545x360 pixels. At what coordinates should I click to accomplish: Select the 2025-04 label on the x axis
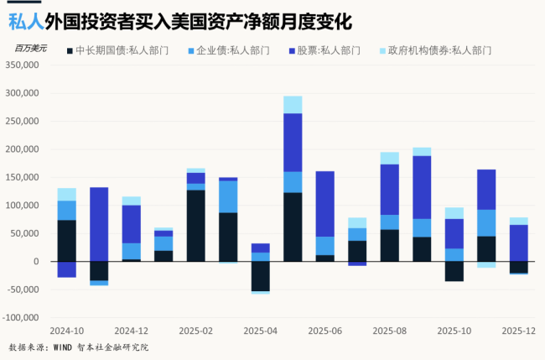coord(261,331)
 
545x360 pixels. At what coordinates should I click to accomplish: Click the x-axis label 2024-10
coord(66,331)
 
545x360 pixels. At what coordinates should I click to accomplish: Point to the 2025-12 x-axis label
coord(519,331)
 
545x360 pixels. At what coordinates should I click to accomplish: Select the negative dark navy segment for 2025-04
coord(261,276)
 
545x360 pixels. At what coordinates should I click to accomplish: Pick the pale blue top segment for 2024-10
coord(67,194)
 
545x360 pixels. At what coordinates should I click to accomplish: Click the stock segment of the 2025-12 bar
coord(519,243)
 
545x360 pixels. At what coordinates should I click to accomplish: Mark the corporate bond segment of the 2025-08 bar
coord(390,222)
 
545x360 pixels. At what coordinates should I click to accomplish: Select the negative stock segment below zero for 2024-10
coord(67,269)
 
